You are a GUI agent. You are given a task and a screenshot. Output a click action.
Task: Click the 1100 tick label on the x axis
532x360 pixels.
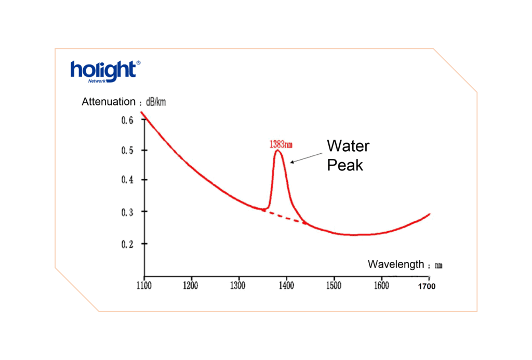pos(143,285)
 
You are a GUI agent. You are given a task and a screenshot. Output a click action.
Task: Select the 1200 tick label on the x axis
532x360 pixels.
pos(191,285)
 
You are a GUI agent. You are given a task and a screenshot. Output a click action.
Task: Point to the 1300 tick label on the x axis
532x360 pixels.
pos(238,285)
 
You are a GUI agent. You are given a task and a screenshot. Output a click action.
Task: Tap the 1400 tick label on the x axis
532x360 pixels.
pos(286,285)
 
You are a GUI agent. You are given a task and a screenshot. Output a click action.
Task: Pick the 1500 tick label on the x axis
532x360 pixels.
pos(333,285)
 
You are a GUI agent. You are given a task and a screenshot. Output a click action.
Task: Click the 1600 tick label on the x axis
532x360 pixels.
pos(381,285)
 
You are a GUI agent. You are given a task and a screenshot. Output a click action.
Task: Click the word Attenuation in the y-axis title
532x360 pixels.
pos(108,102)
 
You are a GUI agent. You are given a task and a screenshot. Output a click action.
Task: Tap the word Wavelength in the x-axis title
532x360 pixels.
pos(396,264)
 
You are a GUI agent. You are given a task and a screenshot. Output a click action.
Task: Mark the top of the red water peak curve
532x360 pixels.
pos(278,151)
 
